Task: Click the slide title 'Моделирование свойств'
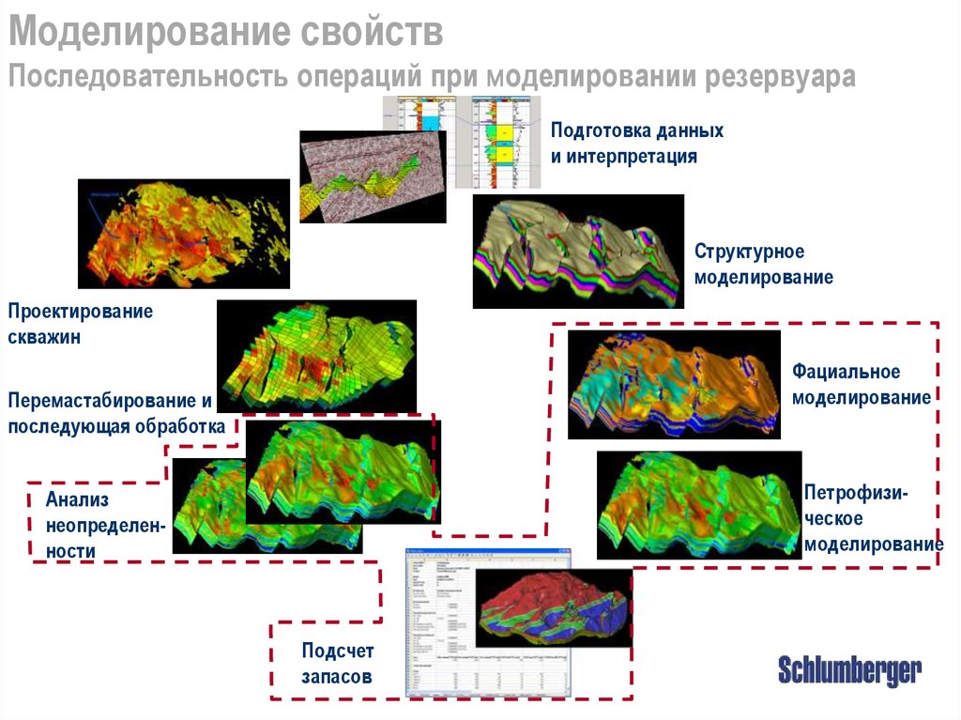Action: click(x=226, y=33)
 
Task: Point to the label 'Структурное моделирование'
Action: click(x=763, y=264)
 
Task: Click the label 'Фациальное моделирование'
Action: click(x=860, y=385)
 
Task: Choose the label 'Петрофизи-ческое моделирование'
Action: click(x=872, y=519)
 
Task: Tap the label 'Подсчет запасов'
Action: click(x=337, y=663)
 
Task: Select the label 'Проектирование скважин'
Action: click(x=80, y=324)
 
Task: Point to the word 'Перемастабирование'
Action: click(x=103, y=401)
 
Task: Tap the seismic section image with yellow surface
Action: click(x=371, y=176)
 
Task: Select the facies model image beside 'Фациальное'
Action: click(x=674, y=384)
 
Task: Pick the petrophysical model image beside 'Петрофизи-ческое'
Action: click(x=699, y=506)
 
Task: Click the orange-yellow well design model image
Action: click(x=183, y=233)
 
